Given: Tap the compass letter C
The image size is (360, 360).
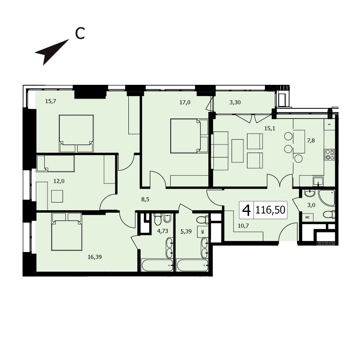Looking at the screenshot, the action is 80,34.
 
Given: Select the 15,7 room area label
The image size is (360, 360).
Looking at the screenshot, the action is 50,101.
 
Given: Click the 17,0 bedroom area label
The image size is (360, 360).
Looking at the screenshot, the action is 185,102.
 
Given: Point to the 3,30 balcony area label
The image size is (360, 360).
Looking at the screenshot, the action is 235,102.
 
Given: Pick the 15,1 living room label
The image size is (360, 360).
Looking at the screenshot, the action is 269,128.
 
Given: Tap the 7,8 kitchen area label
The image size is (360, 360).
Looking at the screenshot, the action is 311,140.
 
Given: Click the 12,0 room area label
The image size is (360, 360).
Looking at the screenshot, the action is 59,181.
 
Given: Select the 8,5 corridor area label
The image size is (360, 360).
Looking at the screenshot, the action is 145,199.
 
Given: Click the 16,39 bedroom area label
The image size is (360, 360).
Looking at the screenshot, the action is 95,257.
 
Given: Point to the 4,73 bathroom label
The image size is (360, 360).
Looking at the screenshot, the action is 163,231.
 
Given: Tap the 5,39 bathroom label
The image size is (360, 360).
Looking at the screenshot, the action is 186,231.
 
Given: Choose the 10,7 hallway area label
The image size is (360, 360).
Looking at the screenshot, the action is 243,226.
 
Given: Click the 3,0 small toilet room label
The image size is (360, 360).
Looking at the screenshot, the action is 311,205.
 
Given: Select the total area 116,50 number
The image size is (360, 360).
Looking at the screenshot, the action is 270,210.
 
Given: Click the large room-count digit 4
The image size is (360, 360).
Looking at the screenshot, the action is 247,210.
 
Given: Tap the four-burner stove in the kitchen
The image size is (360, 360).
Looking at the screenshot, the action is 330,155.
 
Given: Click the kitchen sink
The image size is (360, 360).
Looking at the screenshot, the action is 318,181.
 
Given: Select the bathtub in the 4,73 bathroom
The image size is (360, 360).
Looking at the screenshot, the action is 158,265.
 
